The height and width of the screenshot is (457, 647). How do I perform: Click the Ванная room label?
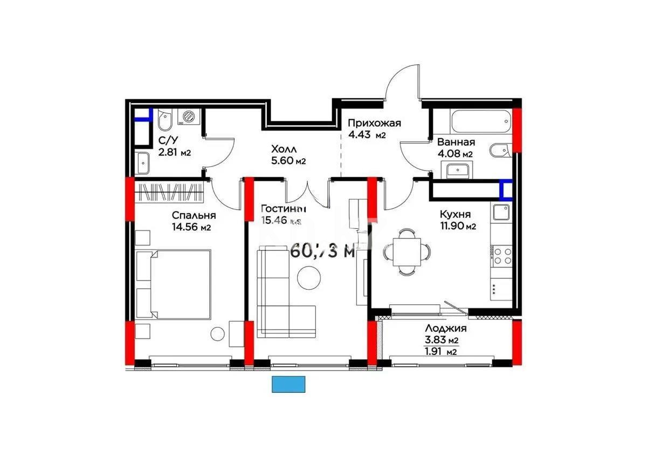[456, 142]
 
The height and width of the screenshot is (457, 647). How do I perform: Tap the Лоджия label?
[445, 328]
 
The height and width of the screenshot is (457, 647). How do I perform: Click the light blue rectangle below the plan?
[289, 384]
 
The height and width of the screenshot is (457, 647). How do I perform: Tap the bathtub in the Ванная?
[477, 121]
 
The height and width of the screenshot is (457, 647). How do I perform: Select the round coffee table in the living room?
[309, 278]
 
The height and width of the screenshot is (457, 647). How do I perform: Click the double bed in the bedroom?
[173, 283]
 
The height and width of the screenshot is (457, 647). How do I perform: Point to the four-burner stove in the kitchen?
[501, 255]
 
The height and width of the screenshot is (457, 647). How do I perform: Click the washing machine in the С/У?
[189, 116]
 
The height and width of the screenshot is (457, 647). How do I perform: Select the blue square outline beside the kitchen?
[506, 189]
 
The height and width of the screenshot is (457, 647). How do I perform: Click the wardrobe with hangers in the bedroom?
[170, 192]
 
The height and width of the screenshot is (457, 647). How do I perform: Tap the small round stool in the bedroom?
[217, 334]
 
